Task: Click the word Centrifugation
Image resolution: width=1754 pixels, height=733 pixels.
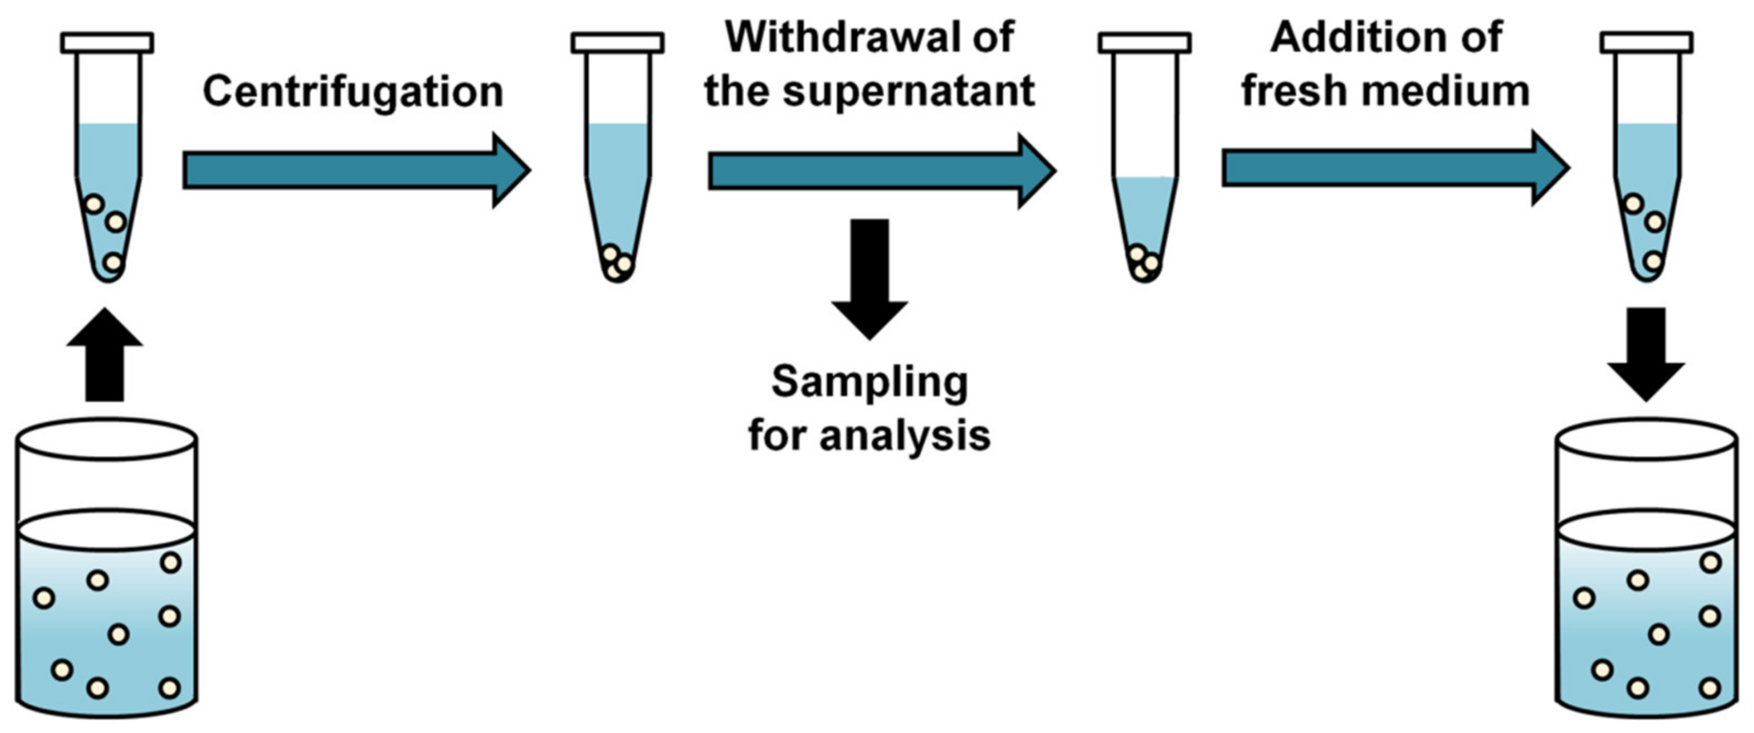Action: (x=353, y=92)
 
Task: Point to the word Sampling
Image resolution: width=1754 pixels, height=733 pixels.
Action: (x=869, y=383)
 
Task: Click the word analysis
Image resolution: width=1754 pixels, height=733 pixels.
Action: (x=905, y=436)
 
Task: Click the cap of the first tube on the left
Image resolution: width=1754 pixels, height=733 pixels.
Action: (x=107, y=42)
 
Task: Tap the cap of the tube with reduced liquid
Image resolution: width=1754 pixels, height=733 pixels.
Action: (x=1145, y=42)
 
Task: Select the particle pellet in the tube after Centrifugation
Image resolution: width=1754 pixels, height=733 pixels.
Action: (x=618, y=262)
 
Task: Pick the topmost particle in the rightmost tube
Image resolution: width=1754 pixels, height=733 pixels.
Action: (x=1633, y=203)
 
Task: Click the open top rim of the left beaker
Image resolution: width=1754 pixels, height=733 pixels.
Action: (x=106, y=440)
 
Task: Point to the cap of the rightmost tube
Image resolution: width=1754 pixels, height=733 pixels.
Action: (x=1647, y=42)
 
